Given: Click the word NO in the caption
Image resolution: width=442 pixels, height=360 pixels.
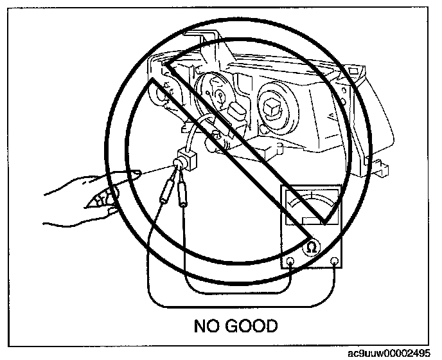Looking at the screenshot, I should [x=207, y=326].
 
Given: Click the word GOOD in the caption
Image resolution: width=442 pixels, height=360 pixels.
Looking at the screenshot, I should [x=252, y=326].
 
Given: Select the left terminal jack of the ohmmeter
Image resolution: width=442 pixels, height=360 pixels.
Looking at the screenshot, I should [x=290, y=262].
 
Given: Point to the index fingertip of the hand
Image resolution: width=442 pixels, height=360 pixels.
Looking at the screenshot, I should [x=136, y=172].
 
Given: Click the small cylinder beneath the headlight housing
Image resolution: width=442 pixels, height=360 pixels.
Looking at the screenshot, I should [x=213, y=138].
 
